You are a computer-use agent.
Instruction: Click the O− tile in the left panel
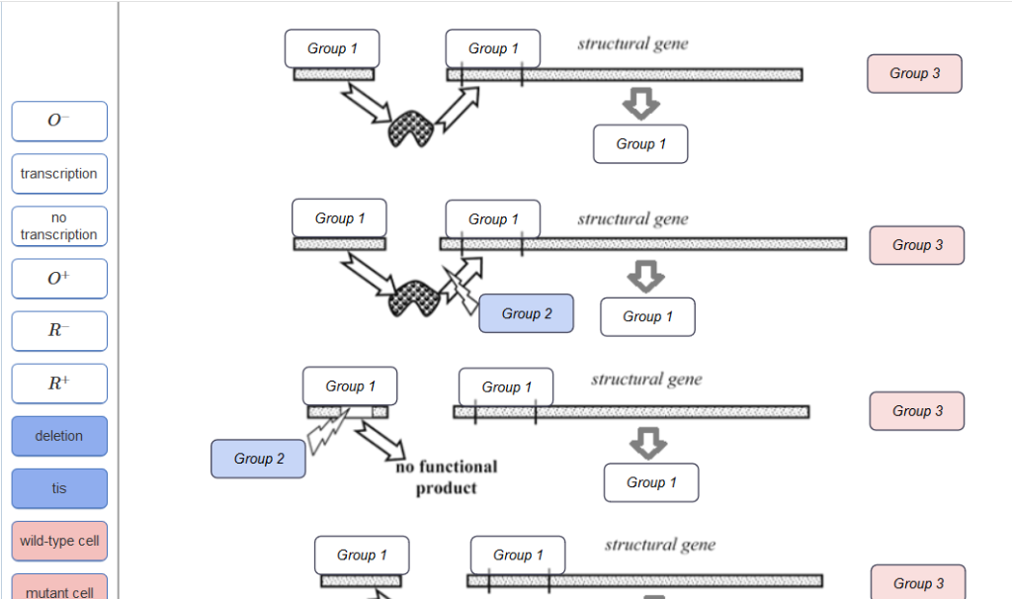pos(59,122)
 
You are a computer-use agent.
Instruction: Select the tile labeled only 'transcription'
pos(59,174)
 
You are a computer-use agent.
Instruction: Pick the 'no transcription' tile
pos(59,226)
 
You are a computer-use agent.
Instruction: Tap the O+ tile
pos(59,279)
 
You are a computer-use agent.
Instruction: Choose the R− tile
pos(59,331)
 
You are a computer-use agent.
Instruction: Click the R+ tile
pos(59,384)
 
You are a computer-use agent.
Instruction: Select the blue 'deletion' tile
pos(59,436)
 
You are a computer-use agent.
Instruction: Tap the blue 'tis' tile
pos(59,488)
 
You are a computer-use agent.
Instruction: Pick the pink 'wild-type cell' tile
pos(59,541)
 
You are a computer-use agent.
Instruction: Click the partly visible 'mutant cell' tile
pos(59,589)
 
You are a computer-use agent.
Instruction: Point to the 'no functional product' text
pos(446,477)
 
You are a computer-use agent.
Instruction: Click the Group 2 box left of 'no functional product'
pos(259,459)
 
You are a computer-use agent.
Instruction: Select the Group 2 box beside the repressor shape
pos(526,313)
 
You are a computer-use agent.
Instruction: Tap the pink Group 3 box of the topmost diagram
pos(914,74)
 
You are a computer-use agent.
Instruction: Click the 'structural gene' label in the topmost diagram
pos(632,44)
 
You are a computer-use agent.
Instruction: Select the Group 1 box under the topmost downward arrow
pos(640,144)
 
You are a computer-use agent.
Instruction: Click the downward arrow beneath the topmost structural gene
pos(641,103)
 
